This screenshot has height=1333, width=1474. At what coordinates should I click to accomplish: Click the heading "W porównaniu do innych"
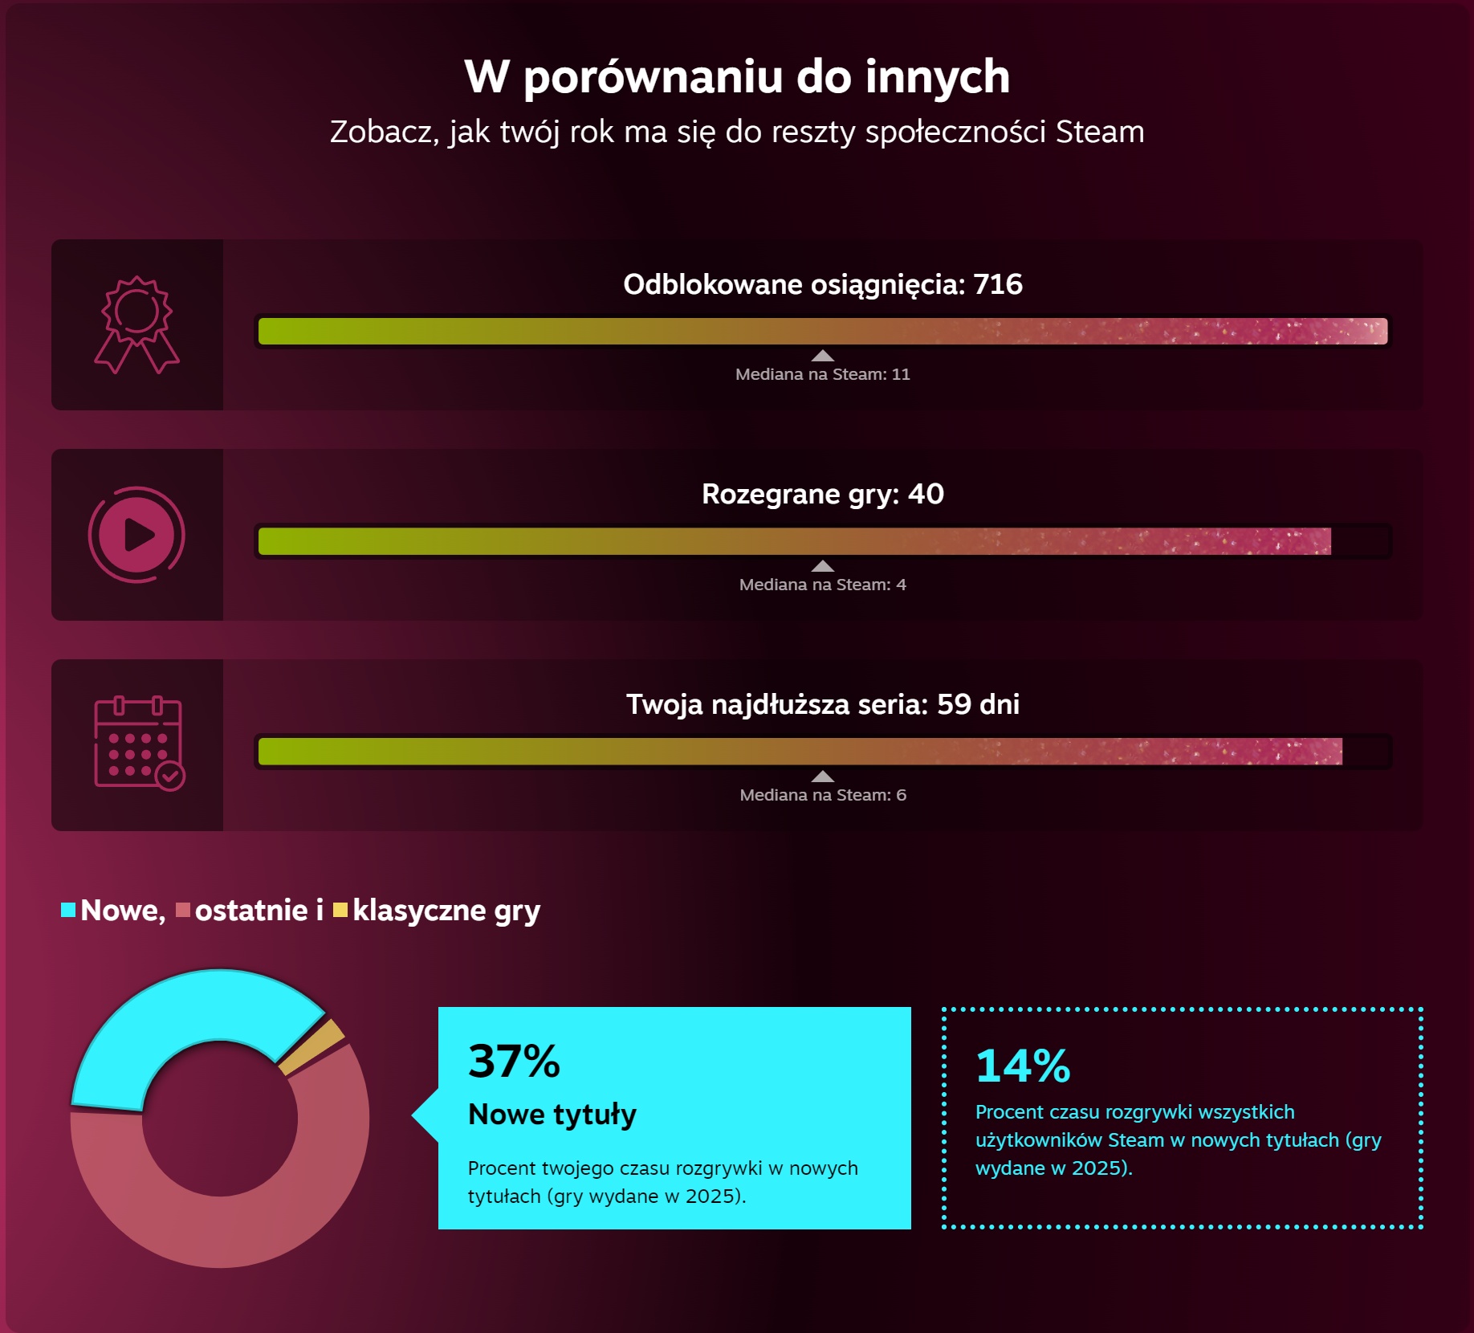point(736,77)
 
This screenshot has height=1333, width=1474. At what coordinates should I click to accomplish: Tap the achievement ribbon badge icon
point(136,324)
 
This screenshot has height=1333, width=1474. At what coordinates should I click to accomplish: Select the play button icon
point(136,535)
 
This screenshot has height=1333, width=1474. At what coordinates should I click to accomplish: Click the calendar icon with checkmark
point(139,744)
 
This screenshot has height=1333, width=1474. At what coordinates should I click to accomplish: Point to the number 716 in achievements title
point(997,284)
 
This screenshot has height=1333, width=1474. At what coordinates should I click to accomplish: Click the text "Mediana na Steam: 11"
point(822,374)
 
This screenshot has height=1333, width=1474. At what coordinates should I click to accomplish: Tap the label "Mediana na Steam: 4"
point(822,585)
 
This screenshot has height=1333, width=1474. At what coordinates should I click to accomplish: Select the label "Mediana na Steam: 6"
point(822,795)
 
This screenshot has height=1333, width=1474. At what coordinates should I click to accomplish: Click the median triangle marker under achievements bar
point(822,356)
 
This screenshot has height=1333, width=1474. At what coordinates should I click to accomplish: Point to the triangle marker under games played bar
point(822,566)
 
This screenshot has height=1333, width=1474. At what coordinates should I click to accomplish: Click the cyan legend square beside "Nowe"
point(68,910)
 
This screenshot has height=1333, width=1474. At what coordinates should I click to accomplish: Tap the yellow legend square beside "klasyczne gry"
point(340,910)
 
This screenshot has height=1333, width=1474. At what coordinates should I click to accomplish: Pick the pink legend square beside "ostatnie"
point(183,910)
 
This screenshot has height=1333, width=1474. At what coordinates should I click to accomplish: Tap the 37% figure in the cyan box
point(514,1062)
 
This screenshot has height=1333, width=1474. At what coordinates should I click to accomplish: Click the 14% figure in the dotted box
point(1023,1066)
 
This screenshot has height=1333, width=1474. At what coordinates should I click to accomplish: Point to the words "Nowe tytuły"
point(552,1115)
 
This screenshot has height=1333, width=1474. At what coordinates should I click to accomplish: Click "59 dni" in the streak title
point(978,704)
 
